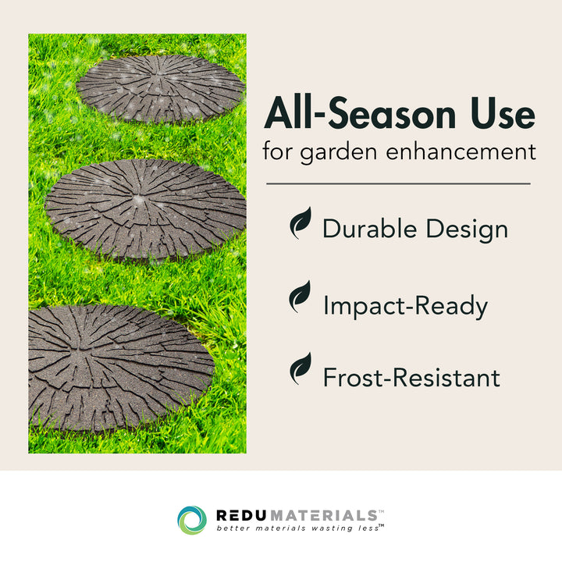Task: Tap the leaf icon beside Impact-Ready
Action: (301, 297)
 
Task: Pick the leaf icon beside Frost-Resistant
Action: (301, 369)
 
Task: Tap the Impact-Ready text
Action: (405, 306)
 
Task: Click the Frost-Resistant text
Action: (411, 379)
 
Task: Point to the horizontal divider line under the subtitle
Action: (398, 184)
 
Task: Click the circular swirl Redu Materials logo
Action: (192, 520)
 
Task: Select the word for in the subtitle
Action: (277, 151)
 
